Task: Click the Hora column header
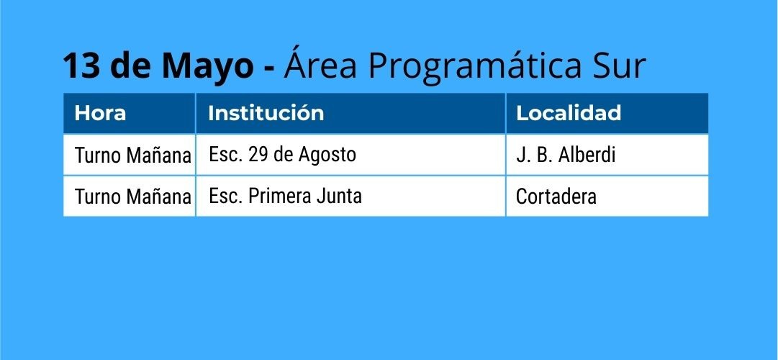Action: [x=100, y=113]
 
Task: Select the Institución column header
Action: [x=266, y=113]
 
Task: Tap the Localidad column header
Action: [x=569, y=113]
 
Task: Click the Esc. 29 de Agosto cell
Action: [x=282, y=154]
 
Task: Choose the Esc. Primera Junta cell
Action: [x=285, y=196]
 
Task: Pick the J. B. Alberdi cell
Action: [x=566, y=155]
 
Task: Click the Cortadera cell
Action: [x=556, y=197]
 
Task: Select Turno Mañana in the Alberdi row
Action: [x=133, y=156]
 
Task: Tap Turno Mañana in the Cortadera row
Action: [x=133, y=197]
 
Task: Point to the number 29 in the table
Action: [x=258, y=154]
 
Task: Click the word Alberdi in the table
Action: [x=587, y=155]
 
